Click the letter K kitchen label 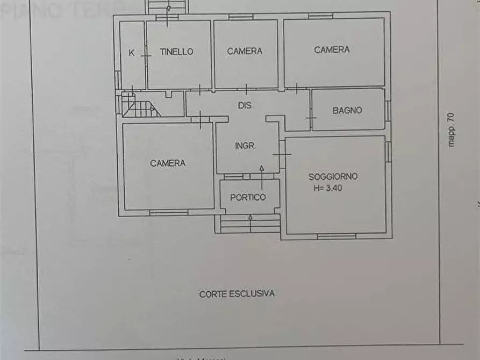[131, 52]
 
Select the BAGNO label [347, 110]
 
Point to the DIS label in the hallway [245, 106]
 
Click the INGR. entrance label [245, 146]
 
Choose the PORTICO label [248, 197]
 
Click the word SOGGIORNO [333, 176]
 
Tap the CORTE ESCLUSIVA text [237, 294]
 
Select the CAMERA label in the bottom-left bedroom [168, 163]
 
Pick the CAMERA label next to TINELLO [245, 51]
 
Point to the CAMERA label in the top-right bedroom [332, 49]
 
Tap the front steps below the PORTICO [250, 224]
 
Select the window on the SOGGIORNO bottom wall [336, 236]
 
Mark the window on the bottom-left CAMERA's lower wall [169, 213]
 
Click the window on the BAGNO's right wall [388, 110]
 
